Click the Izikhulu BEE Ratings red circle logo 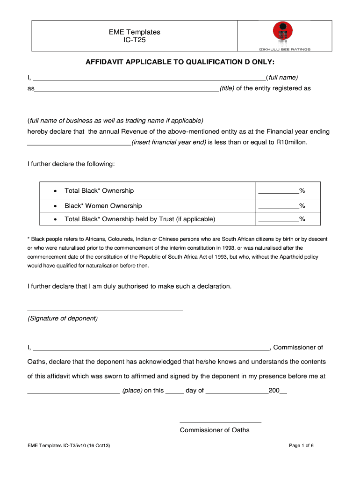pyautogui.click(x=282, y=33)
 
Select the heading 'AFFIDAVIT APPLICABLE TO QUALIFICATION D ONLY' pyautogui.click(x=180, y=63)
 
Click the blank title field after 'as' pyautogui.click(x=127, y=88)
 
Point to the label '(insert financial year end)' pyautogui.click(x=169, y=142)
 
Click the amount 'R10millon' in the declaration pyautogui.click(x=292, y=142)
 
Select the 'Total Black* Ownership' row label pyautogui.click(x=99, y=190)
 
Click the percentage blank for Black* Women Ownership pyautogui.click(x=279, y=206)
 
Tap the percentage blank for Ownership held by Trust pyautogui.click(x=279, y=219)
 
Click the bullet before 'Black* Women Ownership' pyautogui.click(x=55, y=206)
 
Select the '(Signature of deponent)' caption pyautogui.click(x=63, y=319)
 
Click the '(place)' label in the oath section pyautogui.click(x=132, y=391)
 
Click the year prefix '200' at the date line pyautogui.click(x=274, y=391)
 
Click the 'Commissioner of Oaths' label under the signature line pyautogui.click(x=215, y=430)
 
